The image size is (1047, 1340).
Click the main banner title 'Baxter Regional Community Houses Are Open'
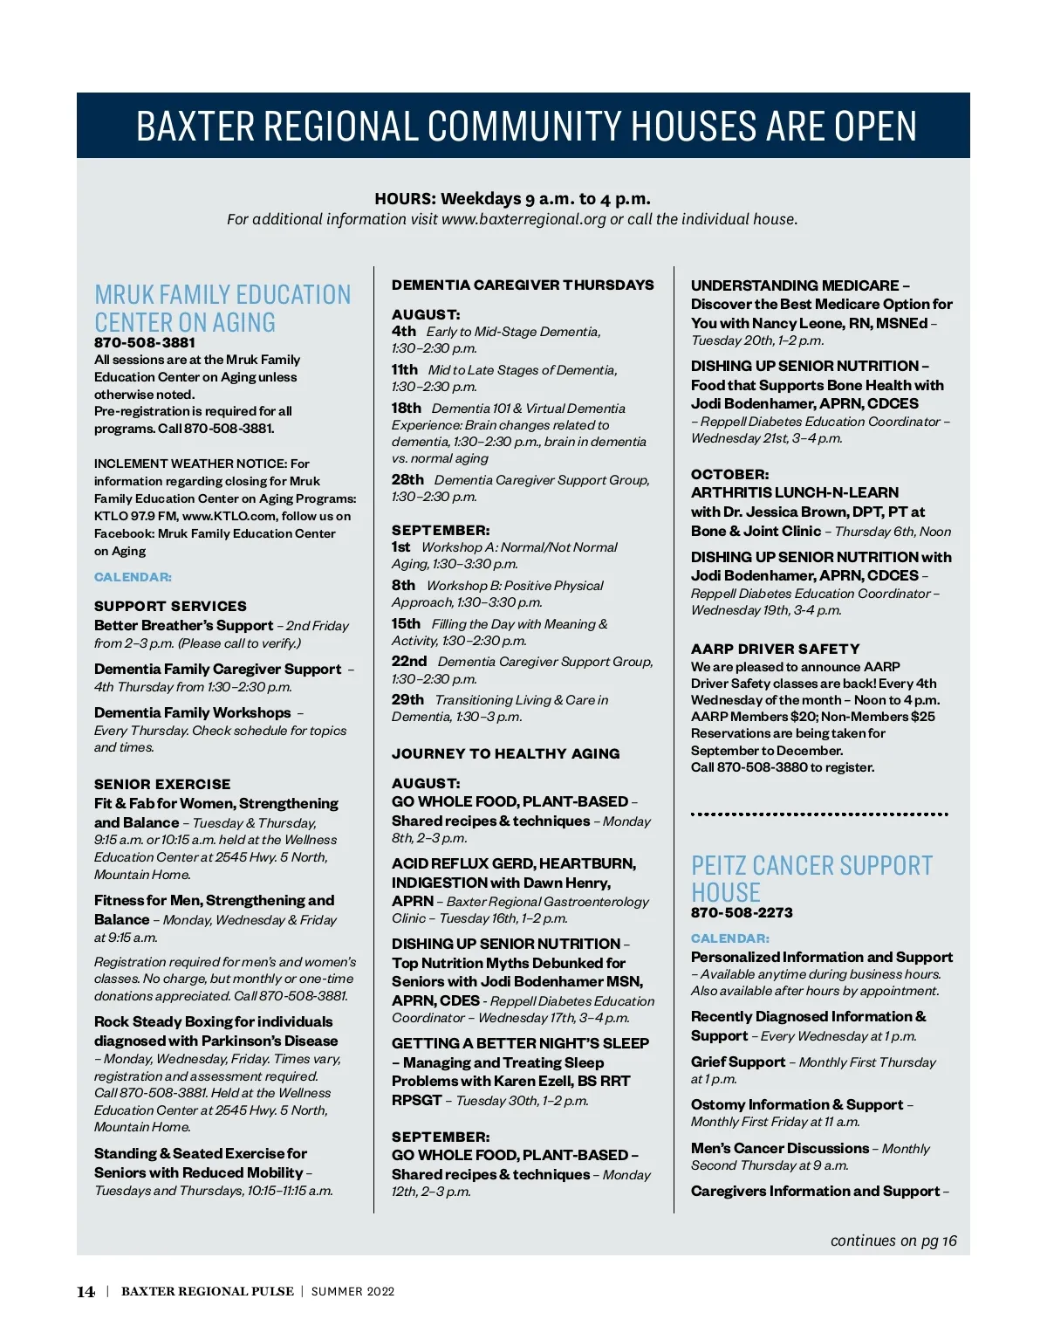click(x=526, y=127)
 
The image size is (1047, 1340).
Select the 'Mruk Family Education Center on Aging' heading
click(x=222, y=308)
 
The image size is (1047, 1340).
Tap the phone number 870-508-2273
click(x=742, y=912)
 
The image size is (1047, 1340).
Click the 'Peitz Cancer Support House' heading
click(x=811, y=878)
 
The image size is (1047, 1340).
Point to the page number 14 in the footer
click(x=86, y=1292)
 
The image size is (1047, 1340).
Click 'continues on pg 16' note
click(x=893, y=1240)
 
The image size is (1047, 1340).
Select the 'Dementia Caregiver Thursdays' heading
click(x=522, y=285)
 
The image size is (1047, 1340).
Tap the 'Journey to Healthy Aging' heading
click(x=505, y=753)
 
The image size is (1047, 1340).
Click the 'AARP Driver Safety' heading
click(x=775, y=649)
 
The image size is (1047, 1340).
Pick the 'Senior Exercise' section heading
click(x=162, y=784)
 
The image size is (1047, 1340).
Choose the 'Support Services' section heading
click(x=170, y=606)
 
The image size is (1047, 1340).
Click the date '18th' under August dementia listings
click(x=406, y=408)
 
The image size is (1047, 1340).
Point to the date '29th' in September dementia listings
click(x=407, y=699)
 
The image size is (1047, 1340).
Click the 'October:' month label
click(x=729, y=474)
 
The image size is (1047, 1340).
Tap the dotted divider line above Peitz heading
click(x=818, y=814)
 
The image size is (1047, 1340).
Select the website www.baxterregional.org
click(x=523, y=219)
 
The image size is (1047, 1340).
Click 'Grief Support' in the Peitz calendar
click(x=737, y=1062)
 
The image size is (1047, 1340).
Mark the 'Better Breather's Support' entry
click(x=183, y=625)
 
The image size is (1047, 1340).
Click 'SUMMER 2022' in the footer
click(x=352, y=1292)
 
